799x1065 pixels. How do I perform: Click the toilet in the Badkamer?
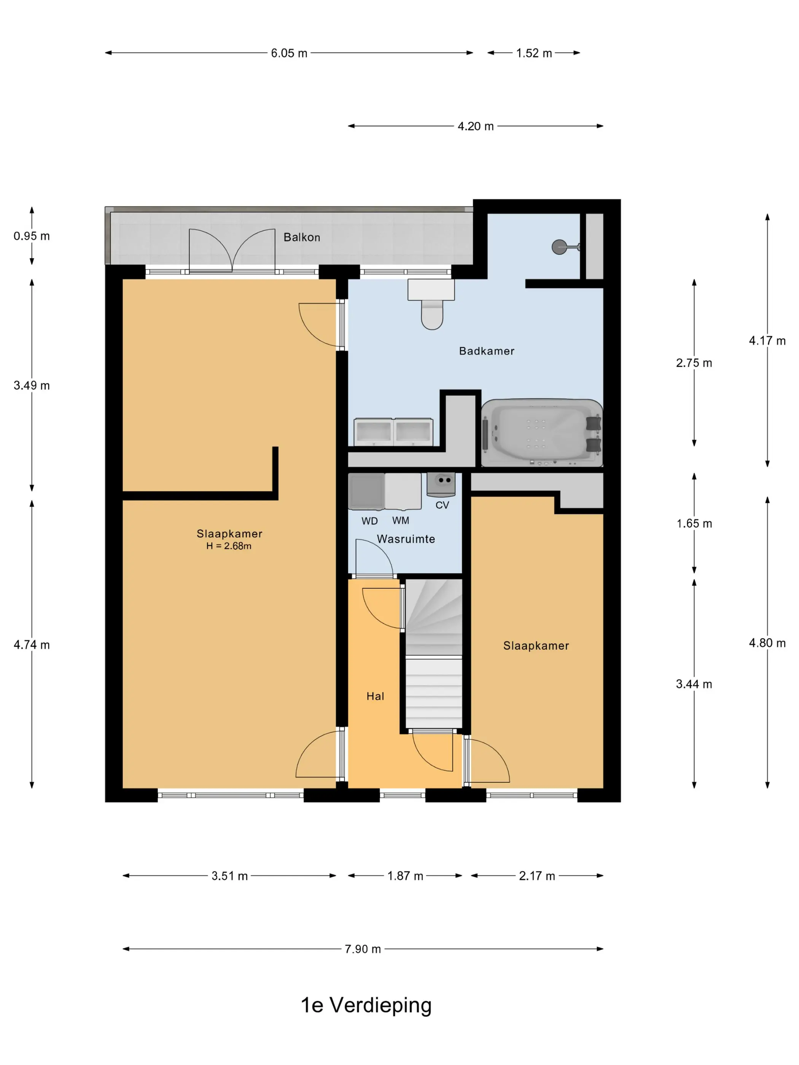431,304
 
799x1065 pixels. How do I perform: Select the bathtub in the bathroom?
542,432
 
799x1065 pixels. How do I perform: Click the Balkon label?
301,237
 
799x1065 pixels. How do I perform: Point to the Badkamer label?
486,351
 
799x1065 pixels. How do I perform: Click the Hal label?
375,696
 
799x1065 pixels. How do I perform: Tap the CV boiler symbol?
441,484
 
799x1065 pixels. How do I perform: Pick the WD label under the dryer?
369,521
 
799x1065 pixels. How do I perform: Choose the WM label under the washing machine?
400,520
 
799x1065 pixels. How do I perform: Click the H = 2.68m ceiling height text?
229,546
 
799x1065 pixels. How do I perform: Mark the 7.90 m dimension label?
363,949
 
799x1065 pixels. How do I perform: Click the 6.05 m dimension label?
289,53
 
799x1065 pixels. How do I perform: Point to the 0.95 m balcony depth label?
32,236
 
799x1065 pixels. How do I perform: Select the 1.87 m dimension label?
405,876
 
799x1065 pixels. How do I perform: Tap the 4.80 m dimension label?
767,643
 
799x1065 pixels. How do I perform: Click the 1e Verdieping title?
366,1005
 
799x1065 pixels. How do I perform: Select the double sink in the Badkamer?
393,432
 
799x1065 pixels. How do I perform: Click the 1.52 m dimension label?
534,53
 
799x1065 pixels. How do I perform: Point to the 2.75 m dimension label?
694,363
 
